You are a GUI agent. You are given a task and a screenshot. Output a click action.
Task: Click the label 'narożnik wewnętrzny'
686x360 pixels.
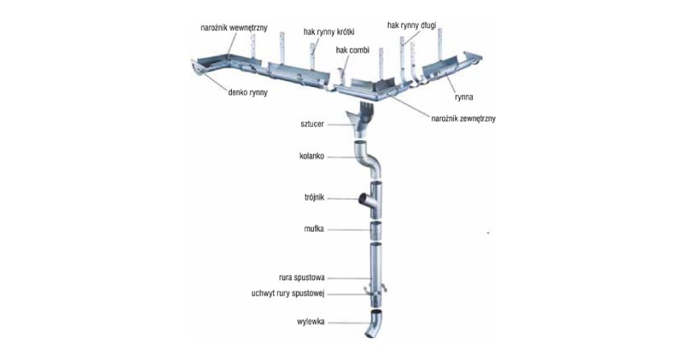point(233,28)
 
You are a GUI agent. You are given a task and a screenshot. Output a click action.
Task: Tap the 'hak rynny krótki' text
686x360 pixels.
point(329,32)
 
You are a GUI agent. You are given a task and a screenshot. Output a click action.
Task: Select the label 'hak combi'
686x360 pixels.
point(352,50)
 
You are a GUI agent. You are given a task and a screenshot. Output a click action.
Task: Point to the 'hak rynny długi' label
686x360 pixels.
point(411,26)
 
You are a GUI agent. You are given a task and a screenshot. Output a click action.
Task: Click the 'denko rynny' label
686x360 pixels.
point(247,93)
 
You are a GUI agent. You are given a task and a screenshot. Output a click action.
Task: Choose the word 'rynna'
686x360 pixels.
point(464,97)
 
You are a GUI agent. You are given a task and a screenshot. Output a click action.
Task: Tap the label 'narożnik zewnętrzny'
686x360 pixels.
point(463,118)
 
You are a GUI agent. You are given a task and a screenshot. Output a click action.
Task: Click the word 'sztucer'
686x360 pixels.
point(312,124)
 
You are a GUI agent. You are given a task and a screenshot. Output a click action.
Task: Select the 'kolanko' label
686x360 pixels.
point(312,156)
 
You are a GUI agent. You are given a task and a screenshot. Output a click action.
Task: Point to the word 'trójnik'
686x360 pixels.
point(314,197)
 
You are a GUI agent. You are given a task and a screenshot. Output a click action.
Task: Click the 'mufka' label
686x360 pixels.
point(314,229)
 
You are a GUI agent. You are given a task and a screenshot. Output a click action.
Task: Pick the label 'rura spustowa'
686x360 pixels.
point(301,278)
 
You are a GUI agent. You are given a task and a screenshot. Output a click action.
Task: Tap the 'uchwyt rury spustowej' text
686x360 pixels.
point(288,293)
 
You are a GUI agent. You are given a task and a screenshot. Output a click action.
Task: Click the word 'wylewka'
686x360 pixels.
point(311,322)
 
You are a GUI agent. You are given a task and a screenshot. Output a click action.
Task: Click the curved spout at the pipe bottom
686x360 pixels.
point(374,324)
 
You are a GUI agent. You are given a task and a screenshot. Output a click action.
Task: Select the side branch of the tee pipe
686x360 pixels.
point(366,200)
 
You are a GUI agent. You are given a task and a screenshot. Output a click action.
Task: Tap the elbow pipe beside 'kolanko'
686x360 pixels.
point(370,159)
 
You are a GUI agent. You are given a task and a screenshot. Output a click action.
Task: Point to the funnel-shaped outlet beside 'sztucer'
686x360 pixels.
point(359,122)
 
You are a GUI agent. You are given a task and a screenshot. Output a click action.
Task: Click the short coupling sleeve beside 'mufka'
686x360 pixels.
point(376,230)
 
